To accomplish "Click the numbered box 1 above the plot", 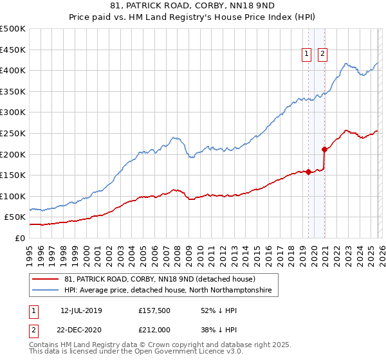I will [x=308, y=55].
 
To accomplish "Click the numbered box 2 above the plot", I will [x=323, y=55].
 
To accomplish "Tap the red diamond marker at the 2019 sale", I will [x=308, y=172].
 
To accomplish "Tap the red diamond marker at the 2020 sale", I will [x=325, y=149].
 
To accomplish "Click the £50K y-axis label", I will [x=15, y=217].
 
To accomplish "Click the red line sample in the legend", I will [x=46, y=279].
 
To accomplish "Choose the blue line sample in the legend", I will [x=46, y=291].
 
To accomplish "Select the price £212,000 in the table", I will [x=154, y=329].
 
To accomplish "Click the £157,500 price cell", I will [x=154, y=310].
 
